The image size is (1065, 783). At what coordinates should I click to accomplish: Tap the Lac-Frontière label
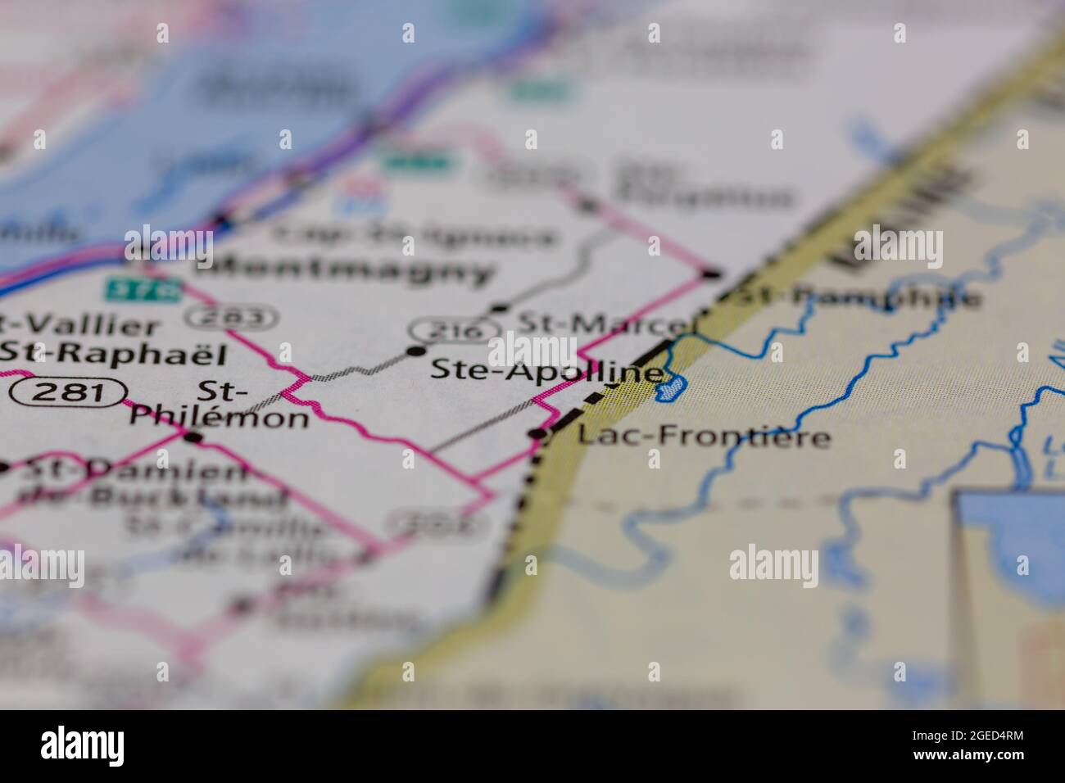tap(704, 435)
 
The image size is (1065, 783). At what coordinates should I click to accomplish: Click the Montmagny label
tap(345, 269)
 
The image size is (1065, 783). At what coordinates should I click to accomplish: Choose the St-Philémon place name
tap(220, 405)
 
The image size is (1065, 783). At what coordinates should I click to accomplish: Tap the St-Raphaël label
tap(112, 353)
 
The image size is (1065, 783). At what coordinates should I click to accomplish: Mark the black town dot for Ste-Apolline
tap(416, 352)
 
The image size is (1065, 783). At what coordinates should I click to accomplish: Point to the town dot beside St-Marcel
tap(500, 309)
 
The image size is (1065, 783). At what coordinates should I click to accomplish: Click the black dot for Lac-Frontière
tap(538, 433)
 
